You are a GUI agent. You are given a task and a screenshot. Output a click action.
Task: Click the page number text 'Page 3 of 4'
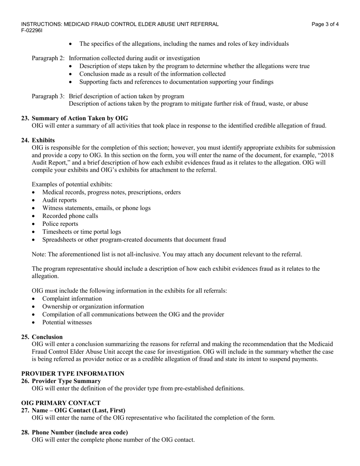coord(325,24)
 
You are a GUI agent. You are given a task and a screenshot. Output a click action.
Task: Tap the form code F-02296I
coord(32,30)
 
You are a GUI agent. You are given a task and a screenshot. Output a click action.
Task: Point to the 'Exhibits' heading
coord(43,140)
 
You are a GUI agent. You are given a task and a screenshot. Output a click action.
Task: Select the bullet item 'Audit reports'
coord(59,200)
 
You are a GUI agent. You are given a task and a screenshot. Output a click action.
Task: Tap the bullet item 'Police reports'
coord(60,224)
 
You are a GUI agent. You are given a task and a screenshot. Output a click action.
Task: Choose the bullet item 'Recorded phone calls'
coord(70,216)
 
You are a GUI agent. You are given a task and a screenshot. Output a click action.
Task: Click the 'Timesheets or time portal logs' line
coord(81,232)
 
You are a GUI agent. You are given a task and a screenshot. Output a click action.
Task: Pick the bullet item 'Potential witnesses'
coord(67,322)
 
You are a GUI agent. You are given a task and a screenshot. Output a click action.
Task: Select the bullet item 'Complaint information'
coord(72,299)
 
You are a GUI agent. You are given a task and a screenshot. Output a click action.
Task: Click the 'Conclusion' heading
coord(47,337)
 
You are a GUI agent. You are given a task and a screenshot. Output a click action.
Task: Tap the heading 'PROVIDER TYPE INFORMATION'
coord(73,374)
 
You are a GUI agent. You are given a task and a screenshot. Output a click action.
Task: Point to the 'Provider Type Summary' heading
coord(66,381)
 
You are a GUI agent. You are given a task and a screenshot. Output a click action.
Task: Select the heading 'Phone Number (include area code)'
coord(80,432)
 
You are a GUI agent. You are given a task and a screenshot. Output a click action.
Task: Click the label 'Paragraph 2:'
coord(48,58)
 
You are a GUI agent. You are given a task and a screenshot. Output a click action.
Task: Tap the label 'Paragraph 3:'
coord(48,96)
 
